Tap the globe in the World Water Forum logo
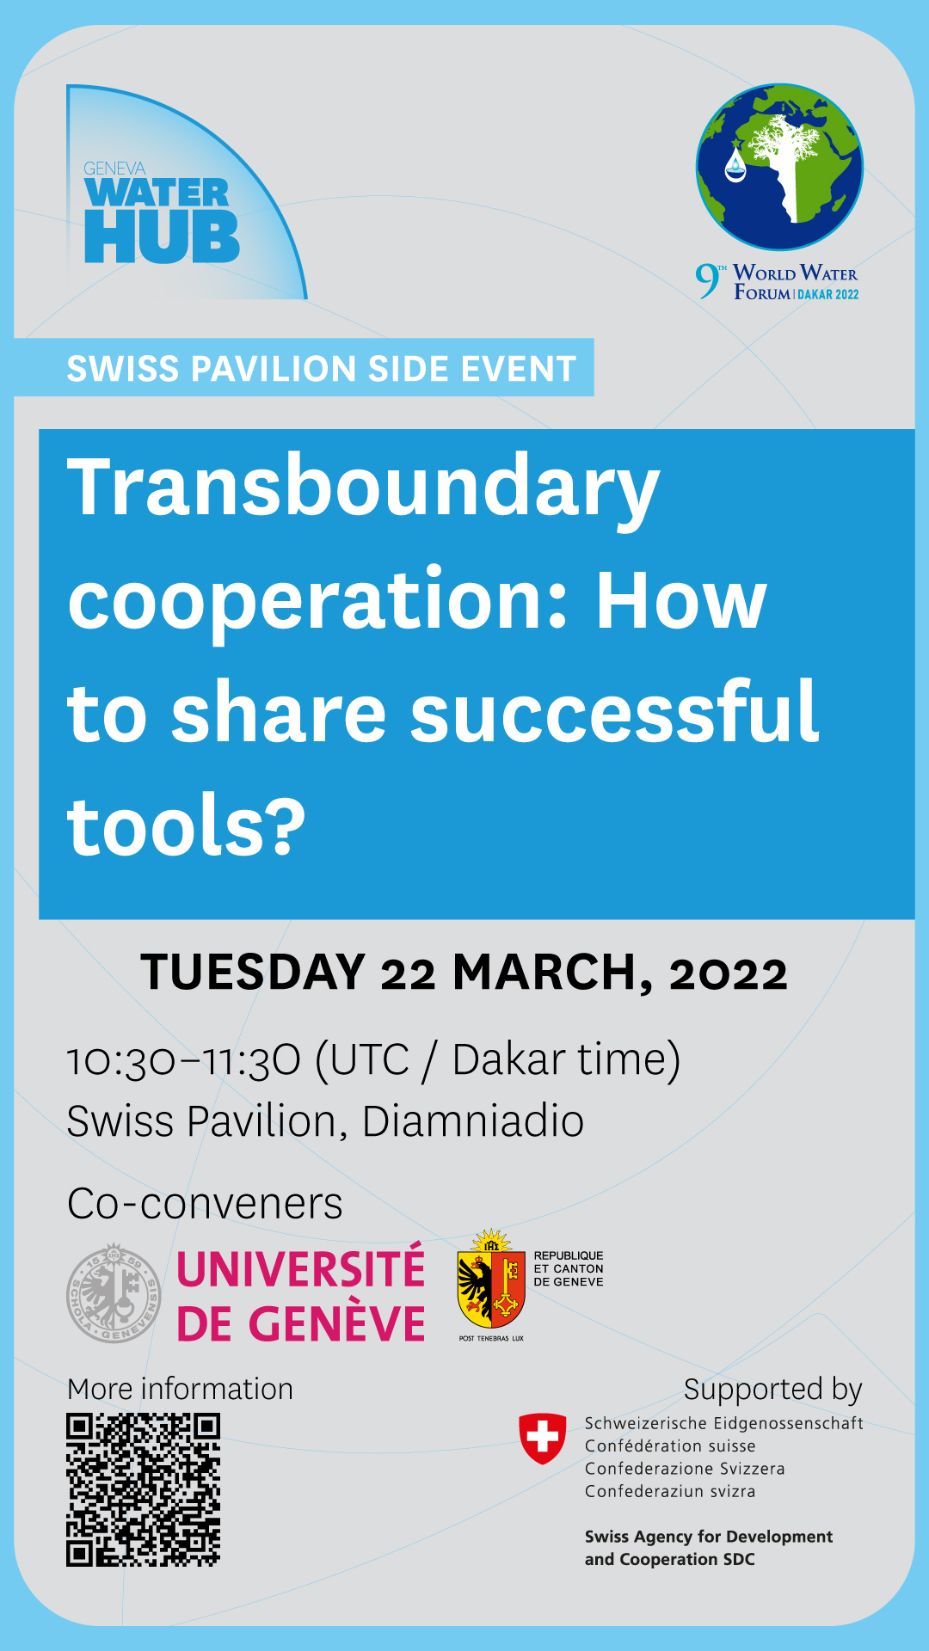[x=779, y=167]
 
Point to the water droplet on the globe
[x=735, y=164]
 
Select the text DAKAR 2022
[x=828, y=294]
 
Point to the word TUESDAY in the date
[x=254, y=973]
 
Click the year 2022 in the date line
[x=729, y=975]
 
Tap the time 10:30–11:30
[x=184, y=1060]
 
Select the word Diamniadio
[x=473, y=1121]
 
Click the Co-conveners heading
[x=205, y=1204]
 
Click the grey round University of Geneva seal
[x=114, y=1293]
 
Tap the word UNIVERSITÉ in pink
[x=301, y=1269]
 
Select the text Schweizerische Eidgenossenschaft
[x=723, y=1423]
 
